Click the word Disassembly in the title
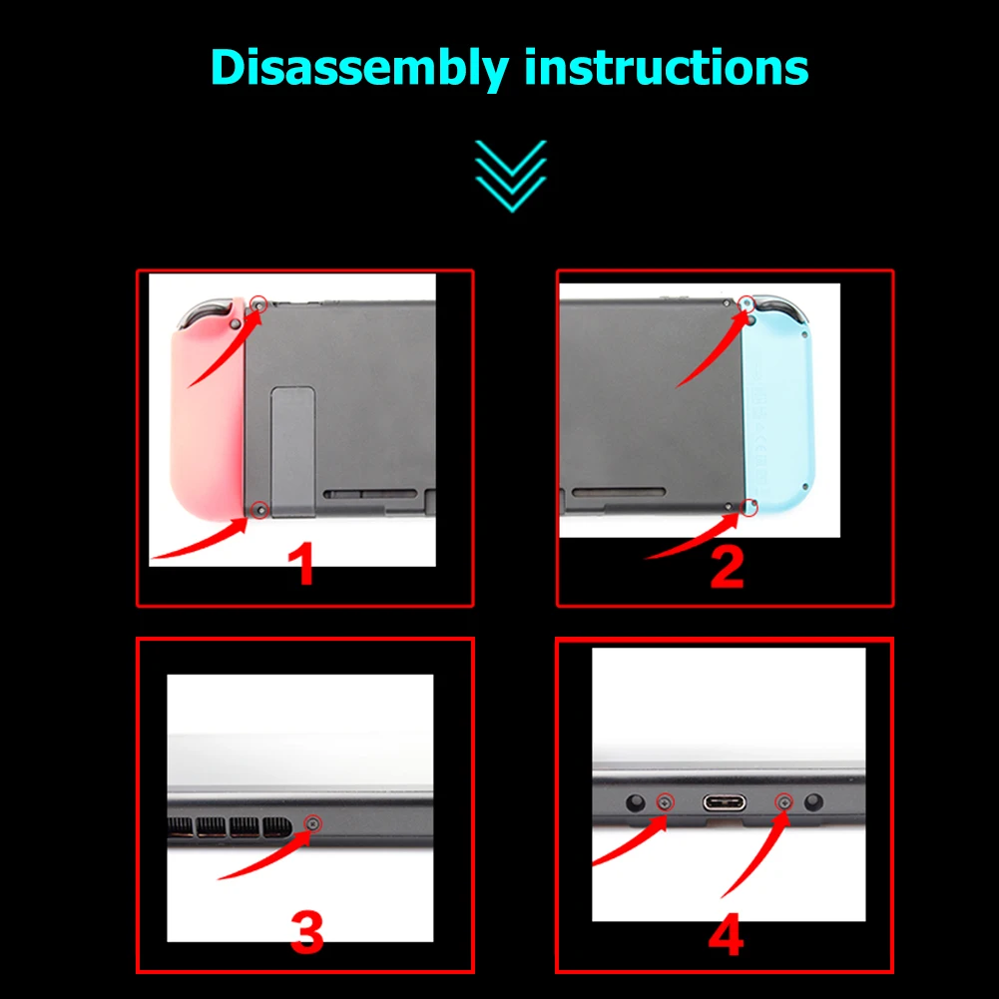coord(359,69)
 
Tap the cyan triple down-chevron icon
coord(511,176)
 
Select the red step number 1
coord(302,564)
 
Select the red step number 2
coord(727,567)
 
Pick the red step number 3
coord(307,931)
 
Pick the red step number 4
coord(727,934)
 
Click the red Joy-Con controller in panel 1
coord(207,408)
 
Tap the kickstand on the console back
coord(292,451)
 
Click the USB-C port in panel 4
coord(725,802)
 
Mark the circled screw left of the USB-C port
coord(665,802)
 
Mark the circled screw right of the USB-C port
coord(784,802)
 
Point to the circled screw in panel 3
coord(312,823)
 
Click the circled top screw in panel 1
coord(258,304)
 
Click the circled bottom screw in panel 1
coord(259,509)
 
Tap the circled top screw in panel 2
coord(747,304)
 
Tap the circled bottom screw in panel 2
coord(750,507)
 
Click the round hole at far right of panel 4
coord(813,802)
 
